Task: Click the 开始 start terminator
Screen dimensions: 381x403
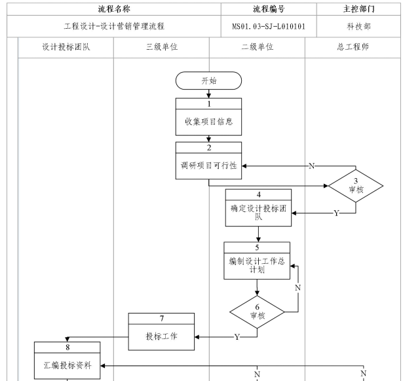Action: click(208, 80)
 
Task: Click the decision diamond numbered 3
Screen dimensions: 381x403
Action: click(355, 187)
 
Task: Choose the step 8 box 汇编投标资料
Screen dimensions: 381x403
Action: click(67, 360)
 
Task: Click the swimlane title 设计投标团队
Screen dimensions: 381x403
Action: click(66, 47)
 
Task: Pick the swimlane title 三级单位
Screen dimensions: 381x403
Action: click(161, 47)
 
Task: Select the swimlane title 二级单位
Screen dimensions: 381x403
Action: click(257, 47)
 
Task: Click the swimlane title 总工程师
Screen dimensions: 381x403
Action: click(354, 47)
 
